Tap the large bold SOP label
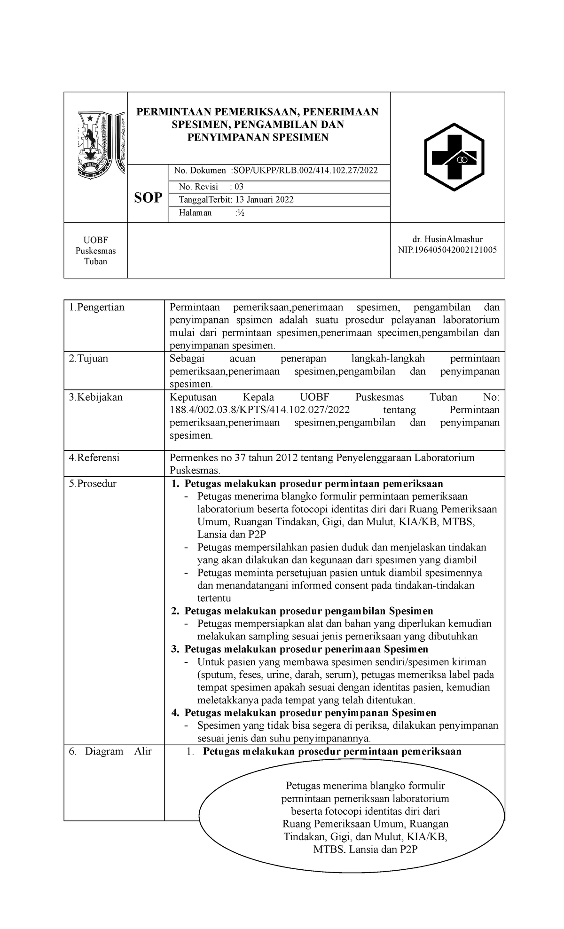pyautogui.click(x=148, y=197)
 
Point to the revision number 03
pyautogui.click(x=239, y=187)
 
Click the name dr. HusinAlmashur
pyautogui.click(x=447, y=239)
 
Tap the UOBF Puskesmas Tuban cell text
pyautogui.click(x=95, y=251)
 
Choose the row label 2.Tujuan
pyautogui.click(x=88, y=358)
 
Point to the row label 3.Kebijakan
pyautogui.click(x=96, y=397)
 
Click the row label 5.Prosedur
pyautogui.click(x=93, y=483)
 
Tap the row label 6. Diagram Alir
pyautogui.click(x=110, y=751)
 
